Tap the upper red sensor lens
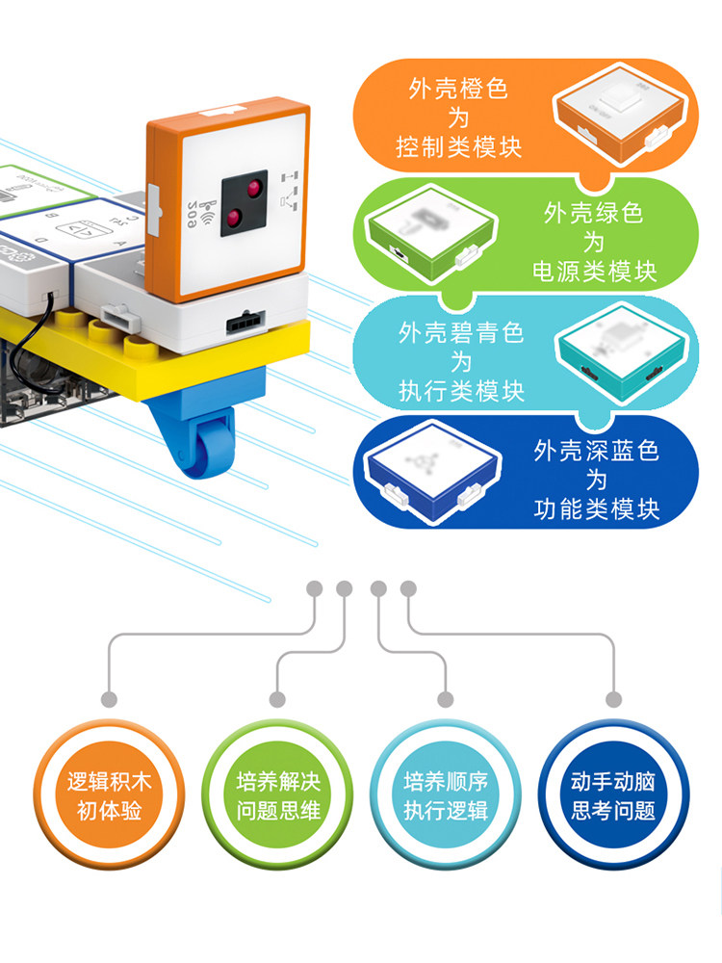(x=256, y=188)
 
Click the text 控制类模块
(x=459, y=147)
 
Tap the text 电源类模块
(x=595, y=272)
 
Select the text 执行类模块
(x=461, y=391)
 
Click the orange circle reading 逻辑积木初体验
(x=109, y=795)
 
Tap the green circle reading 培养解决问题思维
(x=277, y=795)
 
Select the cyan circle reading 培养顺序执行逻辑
(x=446, y=795)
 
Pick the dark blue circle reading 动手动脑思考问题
(x=613, y=795)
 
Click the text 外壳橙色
(x=458, y=91)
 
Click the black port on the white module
(x=242, y=323)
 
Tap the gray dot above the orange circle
(x=109, y=698)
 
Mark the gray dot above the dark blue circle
(x=613, y=698)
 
